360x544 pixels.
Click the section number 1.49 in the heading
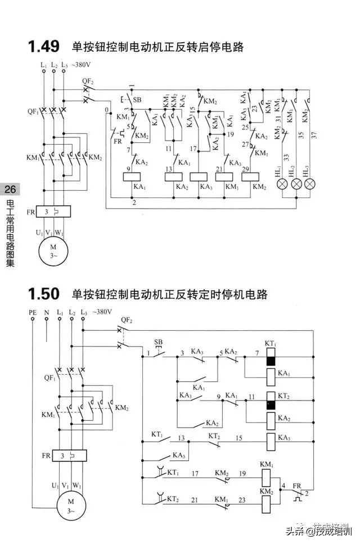pyautogui.click(x=43, y=47)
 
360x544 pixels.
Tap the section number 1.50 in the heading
pyautogui.click(x=43, y=294)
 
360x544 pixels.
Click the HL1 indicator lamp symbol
pyautogui.click(x=281, y=184)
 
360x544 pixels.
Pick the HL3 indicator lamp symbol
pyautogui.click(x=309, y=184)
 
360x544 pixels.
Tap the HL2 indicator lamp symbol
pyautogui.click(x=295, y=184)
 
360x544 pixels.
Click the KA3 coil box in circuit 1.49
pyautogui.click(x=199, y=176)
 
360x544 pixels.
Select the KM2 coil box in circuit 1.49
pyautogui.click(x=251, y=176)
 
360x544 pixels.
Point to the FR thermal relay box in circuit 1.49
pyautogui.click(x=52, y=212)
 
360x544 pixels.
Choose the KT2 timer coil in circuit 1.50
pyautogui.click(x=271, y=401)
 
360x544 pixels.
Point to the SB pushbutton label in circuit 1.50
pyautogui.click(x=158, y=342)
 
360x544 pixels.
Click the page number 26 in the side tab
pyautogui.click(x=10, y=189)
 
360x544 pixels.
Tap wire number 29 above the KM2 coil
pyautogui.click(x=245, y=170)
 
